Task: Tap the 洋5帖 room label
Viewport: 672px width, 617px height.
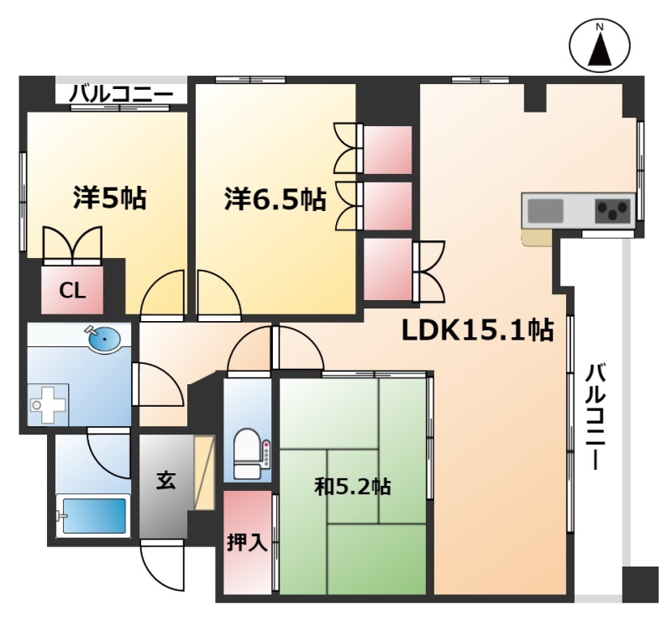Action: tap(109, 198)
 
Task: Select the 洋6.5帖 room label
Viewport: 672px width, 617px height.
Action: tap(276, 199)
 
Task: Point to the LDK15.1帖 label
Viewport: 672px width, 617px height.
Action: tap(477, 330)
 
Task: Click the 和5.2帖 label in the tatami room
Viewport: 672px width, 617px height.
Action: tap(352, 487)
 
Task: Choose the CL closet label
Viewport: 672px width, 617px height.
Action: tap(72, 291)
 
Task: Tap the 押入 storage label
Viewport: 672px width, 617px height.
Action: tap(247, 542)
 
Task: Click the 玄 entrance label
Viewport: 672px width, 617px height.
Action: tap(165, 481)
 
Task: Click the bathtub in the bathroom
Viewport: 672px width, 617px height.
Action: tap(93, 515)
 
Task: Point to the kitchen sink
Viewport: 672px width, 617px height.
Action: tap(545, 211)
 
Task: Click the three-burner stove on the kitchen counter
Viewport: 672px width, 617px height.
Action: tap(613, 211)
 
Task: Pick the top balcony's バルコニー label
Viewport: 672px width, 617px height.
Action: tap(121, 94)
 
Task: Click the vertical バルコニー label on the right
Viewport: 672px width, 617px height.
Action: tap(595, 416)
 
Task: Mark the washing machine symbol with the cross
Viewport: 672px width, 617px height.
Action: tap(48, 403)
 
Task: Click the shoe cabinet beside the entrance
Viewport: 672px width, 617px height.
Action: tap(204, 472)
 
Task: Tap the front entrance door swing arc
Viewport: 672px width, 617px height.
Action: tap(162, 565)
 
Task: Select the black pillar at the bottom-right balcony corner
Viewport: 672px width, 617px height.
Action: tap(640, 584)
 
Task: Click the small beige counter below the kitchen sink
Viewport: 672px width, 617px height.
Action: tap(536, 238)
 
